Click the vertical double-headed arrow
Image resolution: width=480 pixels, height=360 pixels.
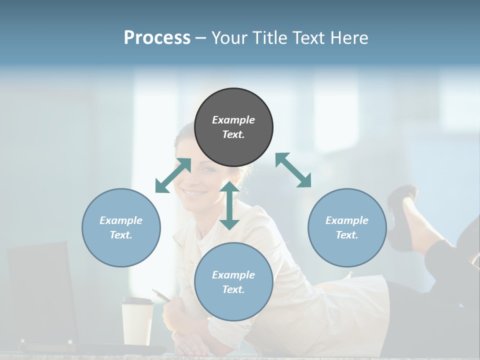[229, 205]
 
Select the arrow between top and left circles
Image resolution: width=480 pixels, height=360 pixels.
[173, 175]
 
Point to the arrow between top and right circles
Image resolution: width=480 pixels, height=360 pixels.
[293, 170]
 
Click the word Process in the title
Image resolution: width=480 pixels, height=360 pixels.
[157, 37]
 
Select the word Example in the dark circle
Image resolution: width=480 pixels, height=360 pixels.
[233, 120]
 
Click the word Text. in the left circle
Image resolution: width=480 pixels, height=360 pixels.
[121, 235]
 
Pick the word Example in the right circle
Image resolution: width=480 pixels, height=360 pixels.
[347, 220]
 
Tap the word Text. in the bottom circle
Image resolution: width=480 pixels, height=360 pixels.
[233, 289]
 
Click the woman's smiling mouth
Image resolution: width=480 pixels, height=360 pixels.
[194, 192]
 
